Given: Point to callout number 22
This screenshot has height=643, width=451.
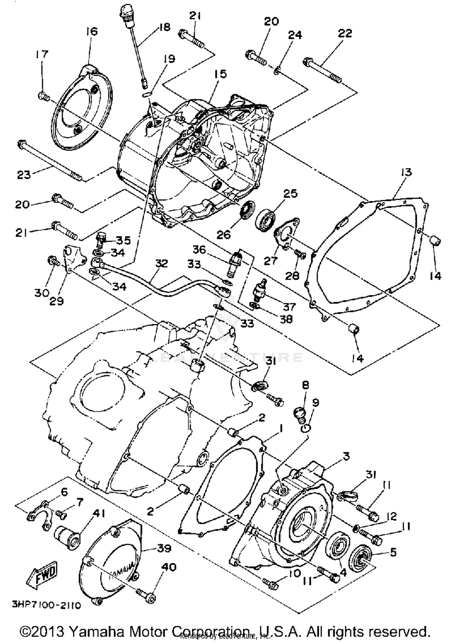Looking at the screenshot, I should point(345,33).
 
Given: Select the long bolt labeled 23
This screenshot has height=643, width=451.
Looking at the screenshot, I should point(50,161).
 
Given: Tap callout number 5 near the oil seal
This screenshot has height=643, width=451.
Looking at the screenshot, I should point(393,552).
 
